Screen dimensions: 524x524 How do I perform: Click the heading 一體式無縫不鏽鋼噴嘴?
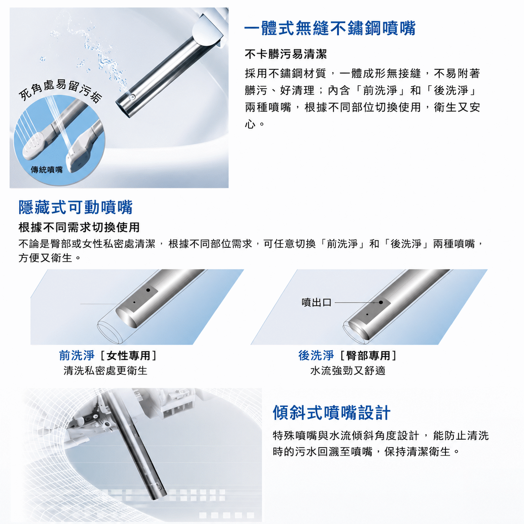(x=330, y=28)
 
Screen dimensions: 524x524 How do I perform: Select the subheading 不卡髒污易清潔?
(x=286, y=54)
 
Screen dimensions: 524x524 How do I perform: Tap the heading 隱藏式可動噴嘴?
(x=75, y=207)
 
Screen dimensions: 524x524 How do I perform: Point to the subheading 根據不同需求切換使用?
(x=79, y=227)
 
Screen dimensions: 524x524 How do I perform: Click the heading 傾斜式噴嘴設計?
(x=331, y=412)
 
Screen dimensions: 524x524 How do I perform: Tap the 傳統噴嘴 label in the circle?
(x=46, y=170)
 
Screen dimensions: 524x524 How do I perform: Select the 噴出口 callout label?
(x=316, y=303)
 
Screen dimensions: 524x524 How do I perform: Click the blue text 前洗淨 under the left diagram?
(x=77, y=356)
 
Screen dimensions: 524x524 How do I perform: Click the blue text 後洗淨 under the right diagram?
(x=316, y=356)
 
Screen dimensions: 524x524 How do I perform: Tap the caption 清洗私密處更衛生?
(x=105, y=371)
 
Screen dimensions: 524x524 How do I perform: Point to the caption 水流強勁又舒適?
(x=348, y=371)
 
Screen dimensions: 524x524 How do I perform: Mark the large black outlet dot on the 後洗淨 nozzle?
(x=381, y=303)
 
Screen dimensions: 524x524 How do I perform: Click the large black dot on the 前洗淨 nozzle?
(x=148, y=290)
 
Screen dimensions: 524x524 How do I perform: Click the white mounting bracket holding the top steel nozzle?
(x=210, y=27)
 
